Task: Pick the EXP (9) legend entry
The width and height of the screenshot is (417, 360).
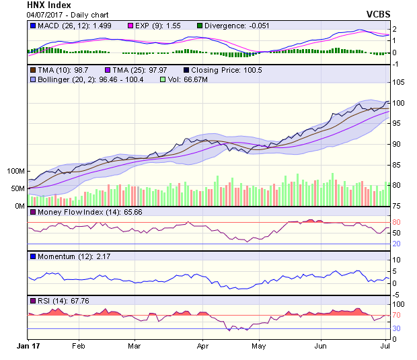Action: (148, 26)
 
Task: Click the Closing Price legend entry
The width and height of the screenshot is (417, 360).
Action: (220, 70)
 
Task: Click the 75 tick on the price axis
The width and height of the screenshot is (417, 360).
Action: (397, 206)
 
